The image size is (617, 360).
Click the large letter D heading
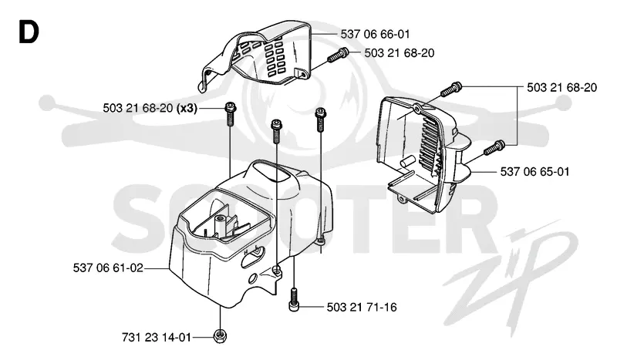point(29,32)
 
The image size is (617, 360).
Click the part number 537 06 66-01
point(375,34)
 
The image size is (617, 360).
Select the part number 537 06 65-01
point(534,172)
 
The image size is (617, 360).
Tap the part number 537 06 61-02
point(108,268)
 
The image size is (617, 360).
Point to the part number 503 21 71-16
point(362,307)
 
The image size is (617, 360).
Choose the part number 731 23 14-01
point(157,337)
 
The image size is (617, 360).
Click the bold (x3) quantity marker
point(187,108)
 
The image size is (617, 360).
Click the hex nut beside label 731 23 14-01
point(220,336)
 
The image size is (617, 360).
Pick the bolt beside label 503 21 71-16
point(295,300)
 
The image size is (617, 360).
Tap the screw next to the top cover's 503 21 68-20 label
point(338,55)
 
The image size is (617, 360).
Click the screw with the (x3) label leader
point(231,113)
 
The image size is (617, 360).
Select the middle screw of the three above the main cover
point(277,132)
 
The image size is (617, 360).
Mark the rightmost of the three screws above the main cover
point(321,120)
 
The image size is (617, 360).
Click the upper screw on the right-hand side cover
point(451,89)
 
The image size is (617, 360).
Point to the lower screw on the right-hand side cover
point(494,148)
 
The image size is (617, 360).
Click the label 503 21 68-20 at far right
point(562,87)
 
